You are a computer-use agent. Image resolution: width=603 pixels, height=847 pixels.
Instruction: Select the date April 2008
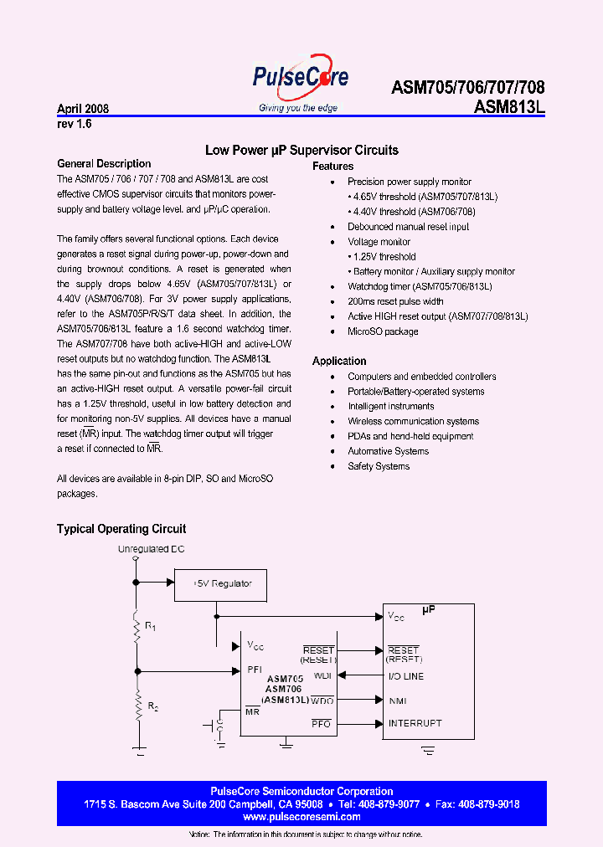[x=83, y=109]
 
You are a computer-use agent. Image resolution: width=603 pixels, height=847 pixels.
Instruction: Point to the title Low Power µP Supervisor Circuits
[x=301, y=151]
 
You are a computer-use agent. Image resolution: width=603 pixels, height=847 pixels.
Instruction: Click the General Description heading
[x=104, y=164]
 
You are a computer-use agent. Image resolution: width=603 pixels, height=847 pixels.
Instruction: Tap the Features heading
[x=332, y=167]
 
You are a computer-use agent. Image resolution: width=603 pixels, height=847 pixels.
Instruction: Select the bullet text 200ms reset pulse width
[x=395, y=301]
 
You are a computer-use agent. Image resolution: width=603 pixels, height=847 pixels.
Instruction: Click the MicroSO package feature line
[x=383, y=331]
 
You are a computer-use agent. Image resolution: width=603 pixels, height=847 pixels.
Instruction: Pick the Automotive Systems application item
[x=388, y=451]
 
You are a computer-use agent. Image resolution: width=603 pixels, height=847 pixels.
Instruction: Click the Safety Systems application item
[x=379, y=466]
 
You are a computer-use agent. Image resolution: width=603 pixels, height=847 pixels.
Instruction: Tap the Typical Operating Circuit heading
[x=121, y=529]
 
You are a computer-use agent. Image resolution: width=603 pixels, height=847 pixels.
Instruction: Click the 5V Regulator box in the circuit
[x=222, y=583]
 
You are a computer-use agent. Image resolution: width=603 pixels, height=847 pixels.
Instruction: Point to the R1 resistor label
[x=151, y=625]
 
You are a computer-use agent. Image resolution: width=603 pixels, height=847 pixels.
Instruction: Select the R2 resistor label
[x=152, y=706]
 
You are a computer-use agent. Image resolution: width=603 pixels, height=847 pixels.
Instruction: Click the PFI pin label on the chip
[x=255, y=669]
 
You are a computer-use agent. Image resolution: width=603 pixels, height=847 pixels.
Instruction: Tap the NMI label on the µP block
[x=397, y=701]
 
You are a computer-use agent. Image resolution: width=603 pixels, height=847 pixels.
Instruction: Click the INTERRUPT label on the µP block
[x=415, y=723]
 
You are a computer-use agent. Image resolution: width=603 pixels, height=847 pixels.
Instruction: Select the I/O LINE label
[x=405, y=676]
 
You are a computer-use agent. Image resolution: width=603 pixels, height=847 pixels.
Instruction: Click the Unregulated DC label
[x=151, y=549]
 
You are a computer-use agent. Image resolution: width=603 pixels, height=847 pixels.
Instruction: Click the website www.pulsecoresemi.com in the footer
[x=301, y=817]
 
